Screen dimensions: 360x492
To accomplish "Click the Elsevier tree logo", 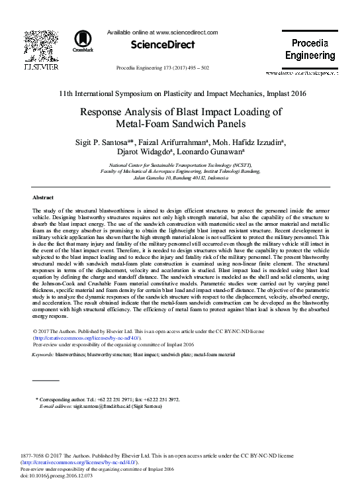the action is pyautogui.click(x=41, y=44).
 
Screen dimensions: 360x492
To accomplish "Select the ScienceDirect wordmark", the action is pyautogui.click(x=163, y=45).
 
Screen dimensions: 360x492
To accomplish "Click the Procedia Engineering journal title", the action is pyautogui.click(x=310, y=49).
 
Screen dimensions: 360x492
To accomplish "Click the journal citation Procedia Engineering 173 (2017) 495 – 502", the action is pyautogui.click(x=162, y=68).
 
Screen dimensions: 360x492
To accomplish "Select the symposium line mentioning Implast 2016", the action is pyautogui.click(x=180, y=93).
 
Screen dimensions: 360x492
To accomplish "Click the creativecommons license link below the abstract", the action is pyautogui.click(x=87, y=338).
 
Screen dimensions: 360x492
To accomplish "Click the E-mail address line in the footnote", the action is pyautogui.click(x=104, y=406).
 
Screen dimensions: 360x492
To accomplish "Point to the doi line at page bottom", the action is pyautogui.click(x=48, y=475).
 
